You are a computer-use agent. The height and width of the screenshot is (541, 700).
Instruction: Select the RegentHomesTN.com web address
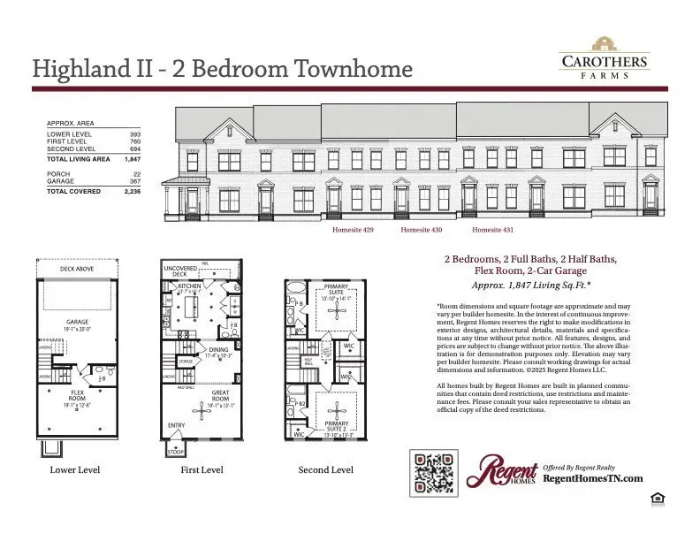[591, 477]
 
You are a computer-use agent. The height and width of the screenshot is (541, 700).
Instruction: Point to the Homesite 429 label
[353, 230]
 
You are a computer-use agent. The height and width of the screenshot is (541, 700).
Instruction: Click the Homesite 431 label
[493, 230]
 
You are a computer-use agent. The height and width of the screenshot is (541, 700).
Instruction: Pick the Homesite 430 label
[422, 230]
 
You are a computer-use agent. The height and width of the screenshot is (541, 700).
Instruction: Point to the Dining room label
[218, 349]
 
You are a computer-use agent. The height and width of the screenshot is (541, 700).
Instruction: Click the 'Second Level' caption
[325, 469]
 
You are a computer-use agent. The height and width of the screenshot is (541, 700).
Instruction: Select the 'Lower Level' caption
[74, 469]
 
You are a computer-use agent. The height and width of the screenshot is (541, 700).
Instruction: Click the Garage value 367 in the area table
[134, 181]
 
